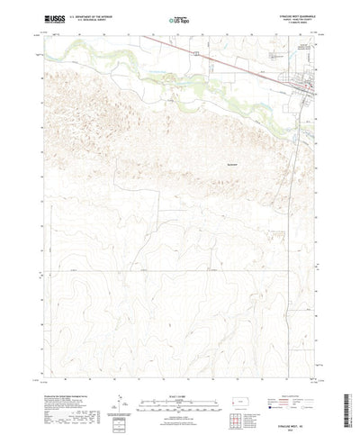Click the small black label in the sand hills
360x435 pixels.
(232, 164)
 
